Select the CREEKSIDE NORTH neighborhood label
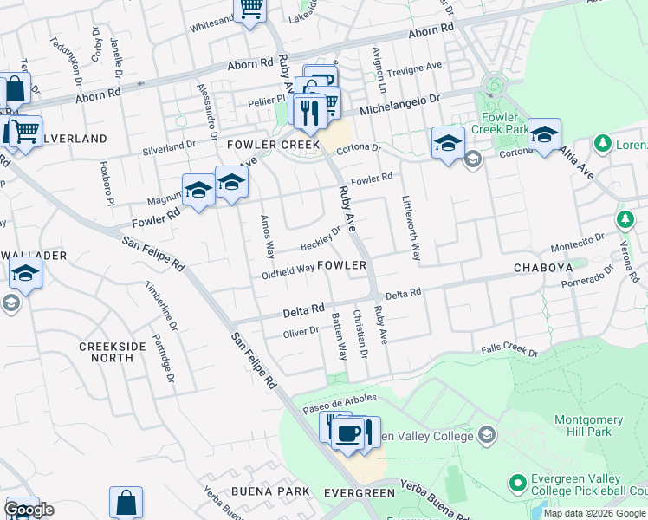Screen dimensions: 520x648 click(x=113, y=352)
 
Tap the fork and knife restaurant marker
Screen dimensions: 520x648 click(x=309, y=110)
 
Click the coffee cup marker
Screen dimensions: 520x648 click(x=348, y=432)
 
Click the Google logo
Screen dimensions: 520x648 click(x=29, y=510)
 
